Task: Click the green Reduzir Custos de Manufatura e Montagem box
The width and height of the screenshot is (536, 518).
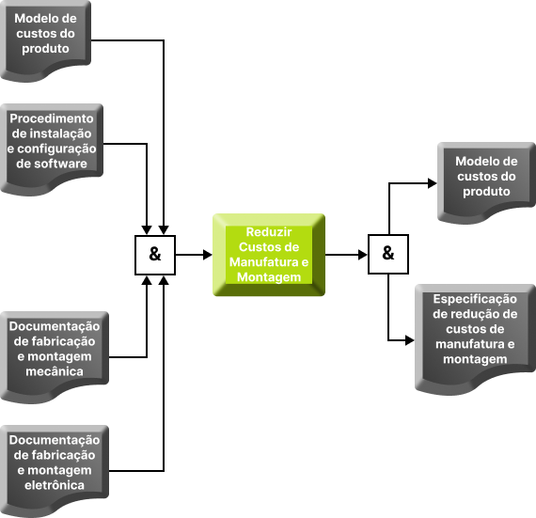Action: coord(269,255)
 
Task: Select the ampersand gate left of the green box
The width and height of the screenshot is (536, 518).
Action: coord(155,255)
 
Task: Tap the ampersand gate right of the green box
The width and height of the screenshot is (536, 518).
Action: coord(388,254)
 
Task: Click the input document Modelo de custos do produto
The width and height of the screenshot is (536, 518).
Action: coord(45,41)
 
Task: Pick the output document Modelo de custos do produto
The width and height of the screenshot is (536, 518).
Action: coord(486,183)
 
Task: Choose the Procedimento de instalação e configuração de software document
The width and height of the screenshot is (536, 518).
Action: coord(52,149)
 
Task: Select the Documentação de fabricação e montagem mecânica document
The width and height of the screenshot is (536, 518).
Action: coord(55,357)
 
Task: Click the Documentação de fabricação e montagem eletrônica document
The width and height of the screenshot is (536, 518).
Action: coord(55,471)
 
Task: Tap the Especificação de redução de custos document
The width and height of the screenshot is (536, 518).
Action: coord(475,339)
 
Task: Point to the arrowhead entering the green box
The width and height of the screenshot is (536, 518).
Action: coord(208,255)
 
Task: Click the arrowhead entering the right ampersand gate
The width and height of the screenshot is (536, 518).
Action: coord(363,255)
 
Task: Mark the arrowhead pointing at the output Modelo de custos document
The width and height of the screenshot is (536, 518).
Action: coord(433,183)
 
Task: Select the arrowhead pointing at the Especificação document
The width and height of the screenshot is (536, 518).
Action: coord(410,340)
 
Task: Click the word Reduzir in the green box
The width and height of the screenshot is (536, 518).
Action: coord(269,232)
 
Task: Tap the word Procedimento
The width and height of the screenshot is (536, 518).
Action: coord(52,118)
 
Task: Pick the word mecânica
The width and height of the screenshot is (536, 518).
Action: coord(55,371)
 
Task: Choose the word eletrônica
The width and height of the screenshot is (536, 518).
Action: coord(55,485)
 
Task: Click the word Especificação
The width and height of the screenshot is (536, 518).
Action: coord(475,299)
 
